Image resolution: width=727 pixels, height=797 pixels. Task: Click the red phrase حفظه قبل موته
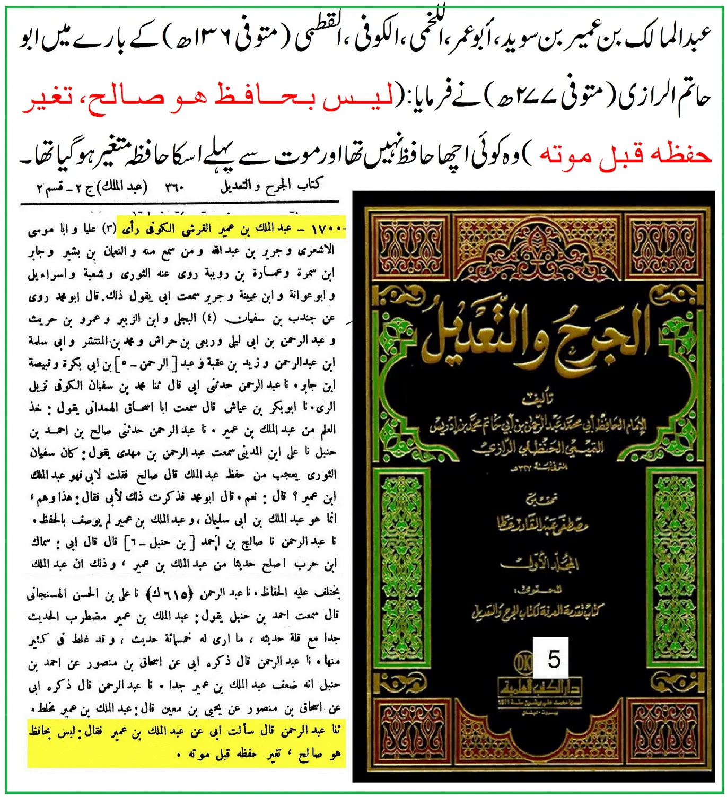point(626,155)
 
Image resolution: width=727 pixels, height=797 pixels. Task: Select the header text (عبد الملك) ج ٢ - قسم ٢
point(91,187)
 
